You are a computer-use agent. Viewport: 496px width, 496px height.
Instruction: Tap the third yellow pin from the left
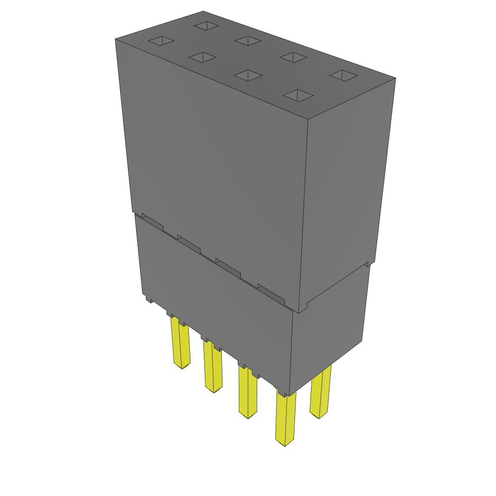(248, 392)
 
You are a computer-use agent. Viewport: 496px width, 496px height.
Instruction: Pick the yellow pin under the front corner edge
(285, 419)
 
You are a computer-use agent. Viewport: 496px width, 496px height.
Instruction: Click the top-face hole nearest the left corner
(161, 41)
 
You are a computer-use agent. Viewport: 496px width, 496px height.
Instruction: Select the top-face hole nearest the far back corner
(206, 25)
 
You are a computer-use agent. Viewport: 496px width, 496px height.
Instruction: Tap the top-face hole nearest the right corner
(344, 75)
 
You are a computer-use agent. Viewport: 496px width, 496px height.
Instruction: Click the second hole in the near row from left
(202, 58)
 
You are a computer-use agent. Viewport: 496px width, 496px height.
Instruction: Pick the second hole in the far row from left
(248, 41)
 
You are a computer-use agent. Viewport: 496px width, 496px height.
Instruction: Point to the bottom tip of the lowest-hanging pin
(285, 443)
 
